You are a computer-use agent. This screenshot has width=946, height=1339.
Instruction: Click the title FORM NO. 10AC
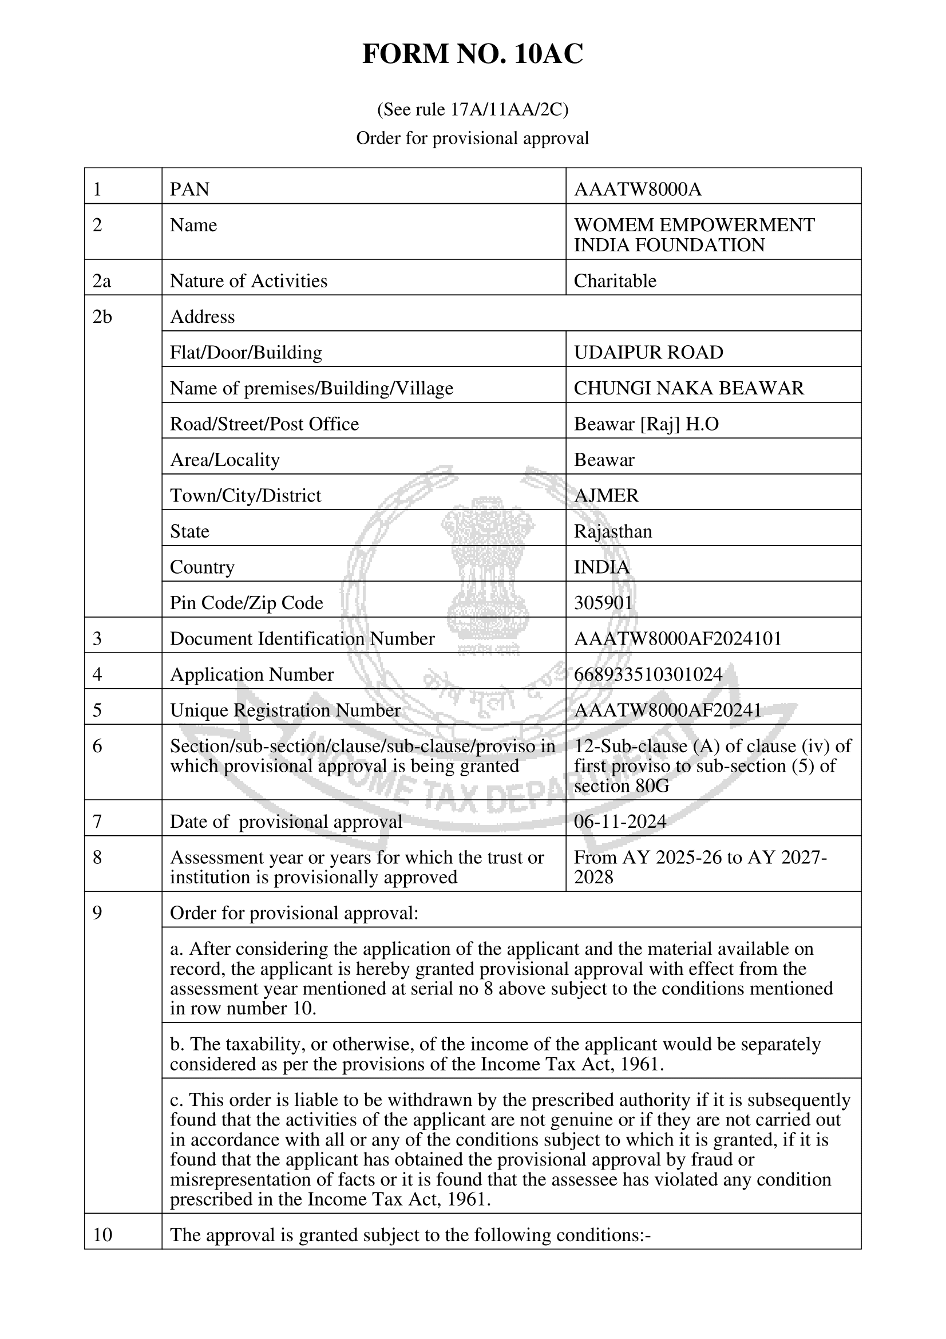click(x=472, y=54)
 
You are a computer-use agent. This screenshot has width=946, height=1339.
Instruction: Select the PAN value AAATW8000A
click(x=638, y=189)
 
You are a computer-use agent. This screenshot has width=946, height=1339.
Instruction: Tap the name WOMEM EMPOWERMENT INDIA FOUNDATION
click(x=694, y=235)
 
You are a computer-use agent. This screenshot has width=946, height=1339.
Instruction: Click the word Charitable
click(x=615, y=281)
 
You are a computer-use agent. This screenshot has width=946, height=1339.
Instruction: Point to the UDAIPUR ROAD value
click(x=648, y=352)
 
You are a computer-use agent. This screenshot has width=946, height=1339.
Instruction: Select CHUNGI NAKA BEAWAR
click(x=688, y=388)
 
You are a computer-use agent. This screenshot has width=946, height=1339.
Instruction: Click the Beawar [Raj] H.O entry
click(x=646, y=424)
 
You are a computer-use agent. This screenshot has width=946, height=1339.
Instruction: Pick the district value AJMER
click(x=606, y=495)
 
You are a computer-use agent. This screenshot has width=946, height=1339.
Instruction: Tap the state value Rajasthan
click(x=612, y=531)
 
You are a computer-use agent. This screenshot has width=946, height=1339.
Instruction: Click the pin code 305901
click(x=603, y=602)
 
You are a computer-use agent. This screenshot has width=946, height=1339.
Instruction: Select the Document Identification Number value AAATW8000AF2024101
click(x=677, y=639)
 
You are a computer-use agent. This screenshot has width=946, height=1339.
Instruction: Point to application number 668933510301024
click(x=648, y=674)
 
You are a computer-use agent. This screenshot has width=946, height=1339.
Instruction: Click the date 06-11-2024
click(x=620, y=821)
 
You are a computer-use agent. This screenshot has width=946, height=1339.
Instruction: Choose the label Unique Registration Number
click(x=285, y=710)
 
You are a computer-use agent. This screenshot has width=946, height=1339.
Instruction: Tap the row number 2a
click(x=102, y=281)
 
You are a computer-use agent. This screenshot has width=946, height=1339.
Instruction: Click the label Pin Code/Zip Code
click(x=246, y=602)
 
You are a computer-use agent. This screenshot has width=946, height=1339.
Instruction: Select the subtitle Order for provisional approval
click(x=472, y=138)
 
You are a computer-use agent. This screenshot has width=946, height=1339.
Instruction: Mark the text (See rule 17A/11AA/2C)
click(x=472, y=109)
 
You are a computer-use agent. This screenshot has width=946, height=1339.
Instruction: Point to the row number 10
click(x=102, y=1235)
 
